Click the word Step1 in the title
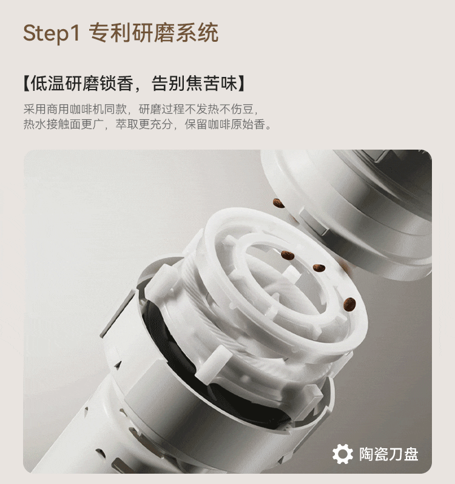(x=52, y=33)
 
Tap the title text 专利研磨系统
(x=153, y=33)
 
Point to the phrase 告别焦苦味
(x=194, y=83)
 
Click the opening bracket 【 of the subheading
(x=27, y=84)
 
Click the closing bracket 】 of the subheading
(x=241, y=84)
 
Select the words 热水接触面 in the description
(x=52, y=124)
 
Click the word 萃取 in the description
(x=127, y=124)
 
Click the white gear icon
(x=343, y=454)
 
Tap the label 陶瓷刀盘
(x=389, y=454)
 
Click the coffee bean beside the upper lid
(x=278, y=203)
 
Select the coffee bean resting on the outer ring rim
(x=349, y=304)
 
